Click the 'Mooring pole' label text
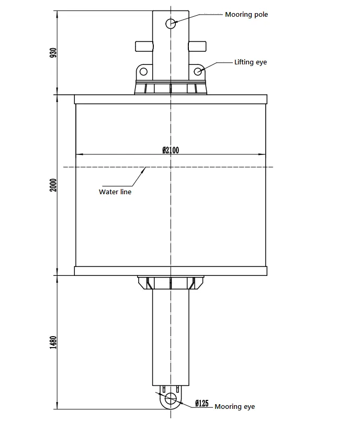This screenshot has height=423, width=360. click(246, 15)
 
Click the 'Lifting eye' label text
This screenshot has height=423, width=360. click(250, 62)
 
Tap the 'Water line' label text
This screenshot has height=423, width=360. click(115, 192)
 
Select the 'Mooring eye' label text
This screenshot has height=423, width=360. click(235, 406)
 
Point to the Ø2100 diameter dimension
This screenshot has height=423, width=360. click(171, 150)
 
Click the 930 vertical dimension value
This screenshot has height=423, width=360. click(53, 53)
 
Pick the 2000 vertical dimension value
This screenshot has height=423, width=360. click(53, 185)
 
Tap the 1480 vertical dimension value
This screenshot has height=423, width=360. click(53, 342)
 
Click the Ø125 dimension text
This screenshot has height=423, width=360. click(201, 403)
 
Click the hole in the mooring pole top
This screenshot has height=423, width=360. click(171, 23)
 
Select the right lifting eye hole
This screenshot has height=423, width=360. click(198, 71)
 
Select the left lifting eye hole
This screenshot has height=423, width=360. click(143, 71)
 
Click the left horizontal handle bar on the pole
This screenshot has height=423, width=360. click(144, 46)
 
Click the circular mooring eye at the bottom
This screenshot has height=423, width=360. click(171, 399)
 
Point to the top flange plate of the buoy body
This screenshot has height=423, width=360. click(171, 99)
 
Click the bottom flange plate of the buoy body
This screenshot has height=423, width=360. click(171, 271)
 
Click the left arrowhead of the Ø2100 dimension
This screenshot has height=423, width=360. click(78, 154)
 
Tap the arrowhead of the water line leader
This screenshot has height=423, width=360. click(146, 168)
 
